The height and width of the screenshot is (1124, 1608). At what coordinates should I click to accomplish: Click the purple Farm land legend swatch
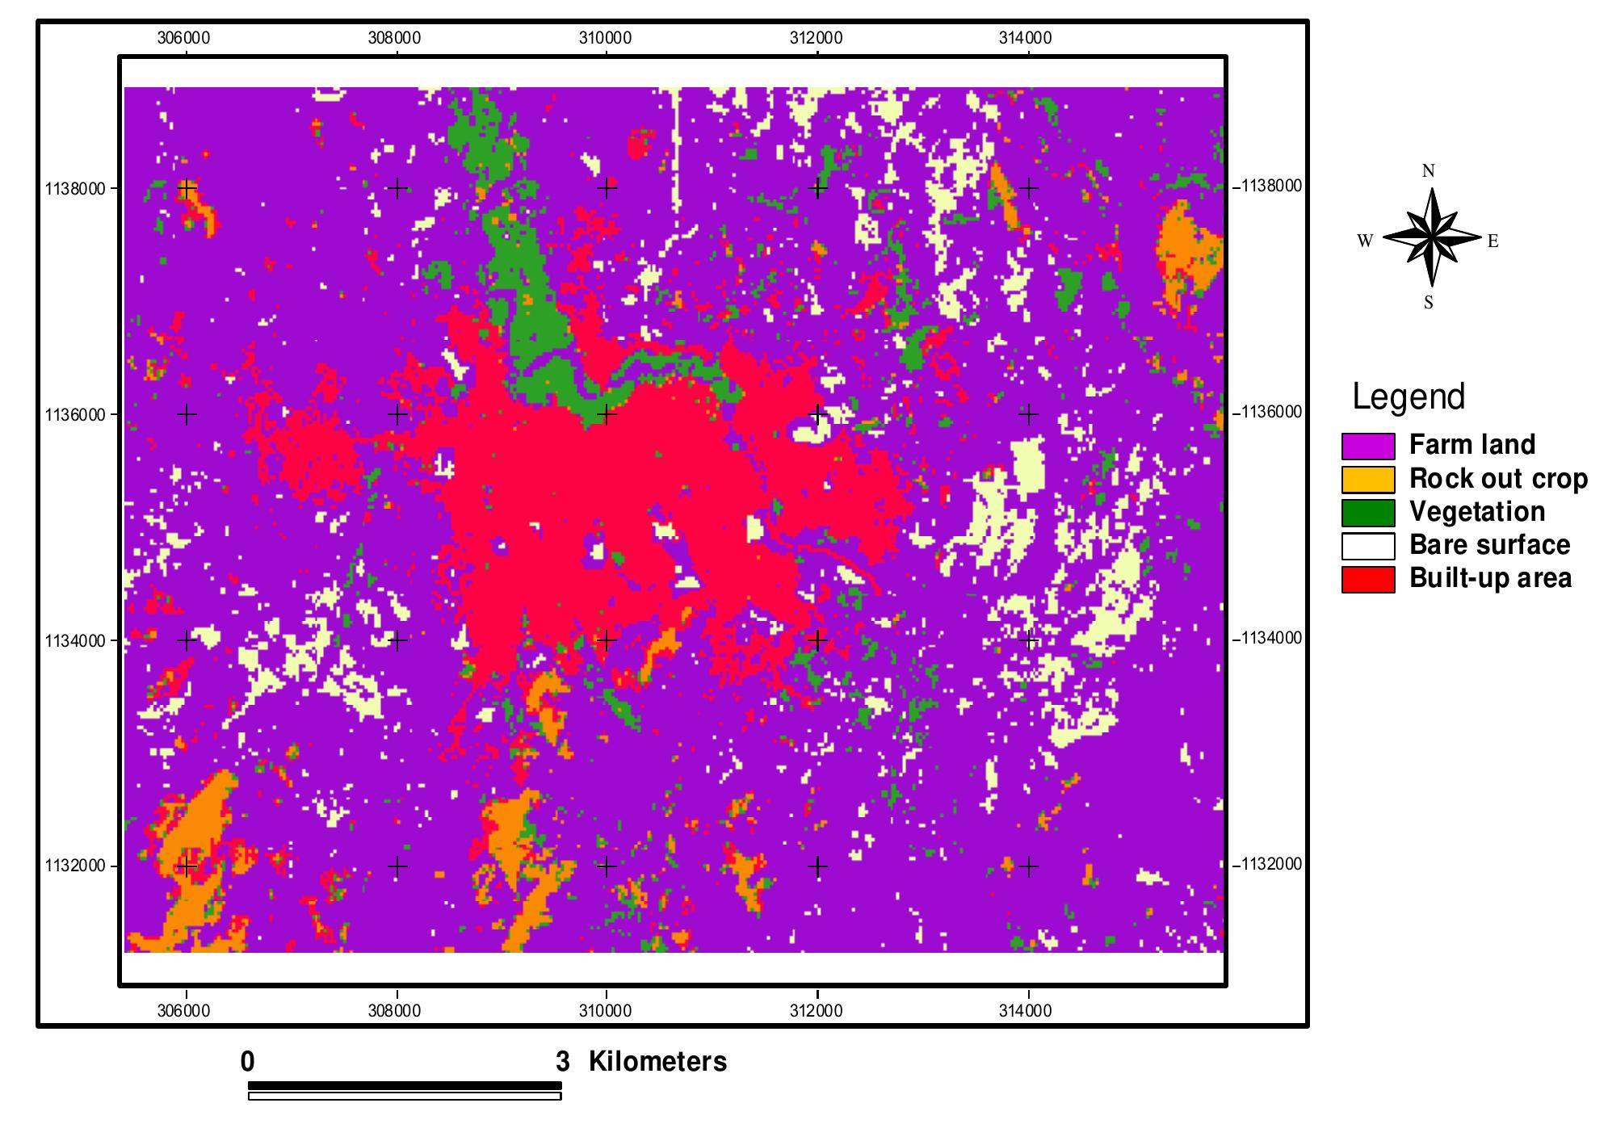pyautogui.click(x=1367, y=446)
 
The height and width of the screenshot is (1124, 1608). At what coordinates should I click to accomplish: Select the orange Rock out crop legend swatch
pyautogui.click(x=1367, y=480)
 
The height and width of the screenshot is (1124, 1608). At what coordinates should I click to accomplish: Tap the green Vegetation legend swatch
pyautogui.click(x=1367, y=513)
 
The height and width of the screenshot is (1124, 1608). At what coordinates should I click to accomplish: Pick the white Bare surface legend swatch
pyautogui.click(x=1367, y=546)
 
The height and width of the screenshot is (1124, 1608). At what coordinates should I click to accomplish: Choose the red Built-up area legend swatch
pyautogui.click(x=1367, y=579)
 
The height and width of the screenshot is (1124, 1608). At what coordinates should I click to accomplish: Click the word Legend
pyautogui.click(x=1409, y=397)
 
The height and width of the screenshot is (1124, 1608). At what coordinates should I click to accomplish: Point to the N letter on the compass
pyautogui.click(x=1428, y=171)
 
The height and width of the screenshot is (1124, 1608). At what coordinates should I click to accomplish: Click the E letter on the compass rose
pyautogui.click(x=1493, y=241)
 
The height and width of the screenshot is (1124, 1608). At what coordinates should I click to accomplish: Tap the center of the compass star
pyautogui.click(x=1431, y=237)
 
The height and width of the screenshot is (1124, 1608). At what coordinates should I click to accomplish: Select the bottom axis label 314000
pyautogui.click(x=1027, y=1011)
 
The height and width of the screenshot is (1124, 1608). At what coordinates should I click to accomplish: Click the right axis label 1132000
pyautogui.click(x=1267, y=864)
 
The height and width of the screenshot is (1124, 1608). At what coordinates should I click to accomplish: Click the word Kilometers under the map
pyautogui.click(x=657, y=1062)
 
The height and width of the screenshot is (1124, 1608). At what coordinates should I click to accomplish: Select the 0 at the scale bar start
pyautogui.click(x=247, y=1062)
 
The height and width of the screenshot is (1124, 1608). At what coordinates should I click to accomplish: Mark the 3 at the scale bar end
pyautogui.click(x=562, y=1062)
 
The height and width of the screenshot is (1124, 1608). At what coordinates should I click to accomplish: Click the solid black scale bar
pyautogui.click(x=404, y=1085)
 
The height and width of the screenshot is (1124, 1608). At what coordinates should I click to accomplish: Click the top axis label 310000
pyautogui.click(x=606, y=38)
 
